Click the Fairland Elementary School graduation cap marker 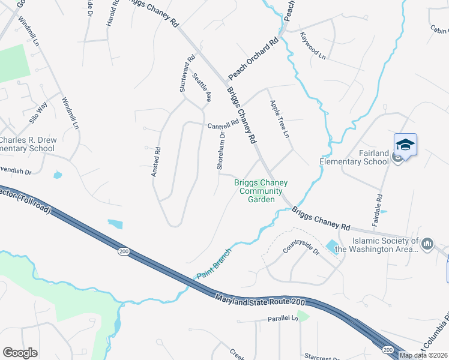coord(405,145)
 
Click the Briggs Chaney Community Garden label coord(261,191)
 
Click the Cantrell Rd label coord(223,126)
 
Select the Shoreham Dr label coord(221,151)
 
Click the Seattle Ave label coord(202,87)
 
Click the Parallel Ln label coord(283,319)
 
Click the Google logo coord(20,353)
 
